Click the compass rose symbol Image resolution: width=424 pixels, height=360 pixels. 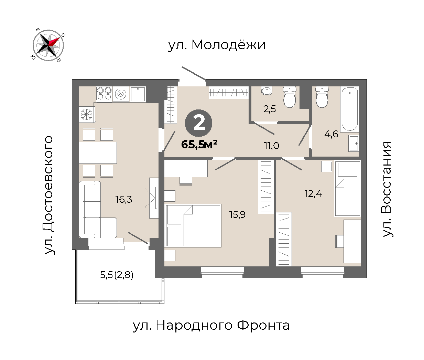(48, 45)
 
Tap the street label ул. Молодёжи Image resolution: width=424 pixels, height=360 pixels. (217, 45)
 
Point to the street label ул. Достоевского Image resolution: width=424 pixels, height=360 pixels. (49, 195)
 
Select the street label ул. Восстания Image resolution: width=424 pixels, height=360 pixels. (387, 189)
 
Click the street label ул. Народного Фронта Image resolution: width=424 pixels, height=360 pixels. (211, 326)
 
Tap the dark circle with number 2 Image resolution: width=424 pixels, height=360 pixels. (198, 123)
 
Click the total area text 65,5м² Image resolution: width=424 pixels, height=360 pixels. (199, 144)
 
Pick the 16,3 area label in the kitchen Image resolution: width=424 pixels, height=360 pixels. (124, 199)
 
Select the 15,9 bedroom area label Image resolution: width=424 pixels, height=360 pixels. (237, 215)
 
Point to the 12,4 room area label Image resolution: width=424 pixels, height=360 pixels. (313, 194)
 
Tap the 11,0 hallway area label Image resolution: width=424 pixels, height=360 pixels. (271, 146)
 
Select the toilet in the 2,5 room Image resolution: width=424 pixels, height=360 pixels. (290, 97)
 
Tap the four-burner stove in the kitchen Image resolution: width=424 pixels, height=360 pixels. (105, 94)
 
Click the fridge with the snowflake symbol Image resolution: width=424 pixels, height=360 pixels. (87, 114)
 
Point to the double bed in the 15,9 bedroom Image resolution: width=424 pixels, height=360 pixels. (193, 225)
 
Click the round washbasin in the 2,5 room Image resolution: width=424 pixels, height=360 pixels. (267, 91)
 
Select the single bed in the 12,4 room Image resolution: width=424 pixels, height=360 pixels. (347, 189)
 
